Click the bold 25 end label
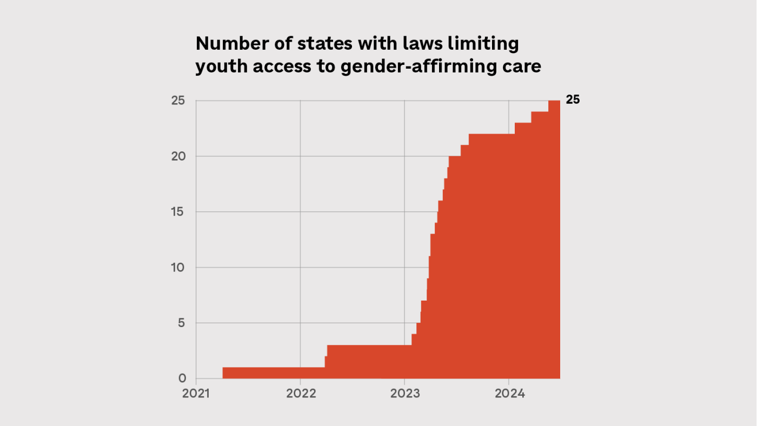click(573, 100)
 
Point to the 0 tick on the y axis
click(182, 378)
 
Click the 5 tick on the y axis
click(182, 323)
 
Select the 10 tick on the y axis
click(179, 268)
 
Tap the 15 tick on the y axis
click(179, 212)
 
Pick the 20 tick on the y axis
click(179, 156)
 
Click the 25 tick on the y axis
click(179, 101)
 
